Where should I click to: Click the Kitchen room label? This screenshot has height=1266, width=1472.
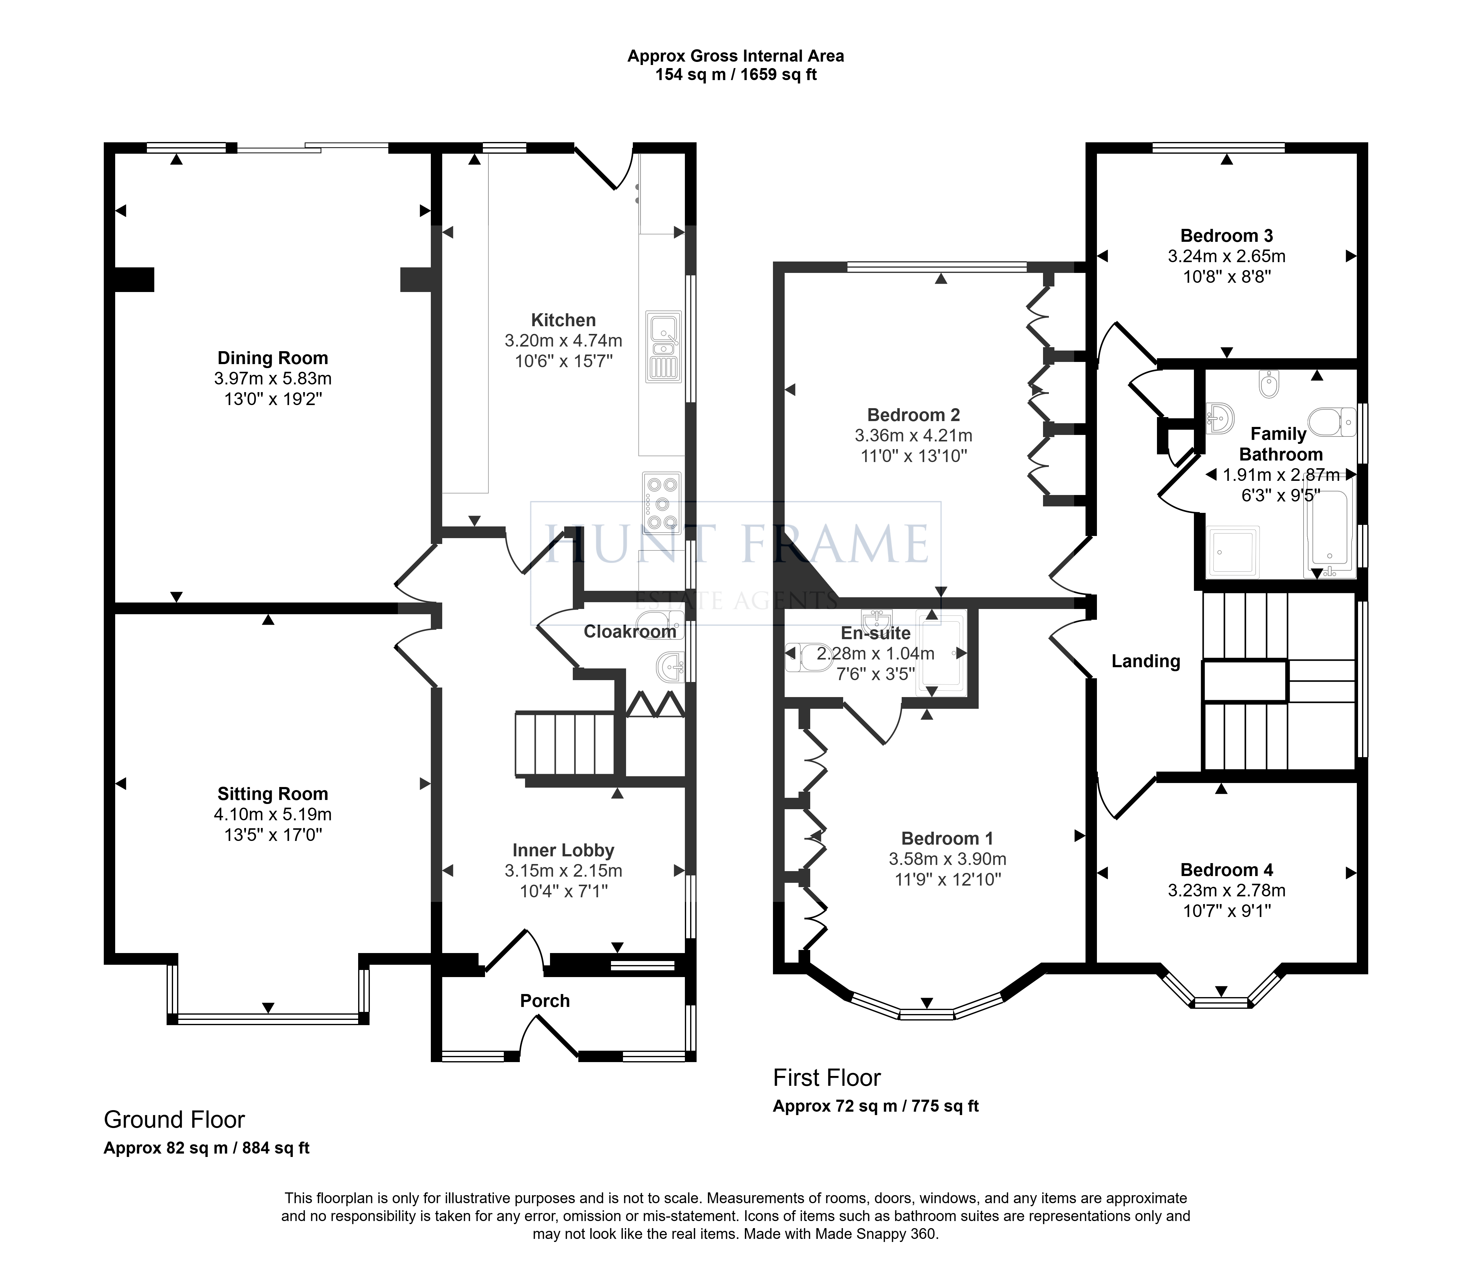click(x=563, y=320)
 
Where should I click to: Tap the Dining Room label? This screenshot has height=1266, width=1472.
click(x=273, y=358)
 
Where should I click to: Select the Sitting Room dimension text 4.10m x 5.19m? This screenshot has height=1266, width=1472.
click(x=273, y=814)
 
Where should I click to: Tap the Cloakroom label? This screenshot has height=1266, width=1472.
click(x=630, y=631)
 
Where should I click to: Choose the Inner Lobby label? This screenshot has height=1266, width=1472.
click(x=563, y=850)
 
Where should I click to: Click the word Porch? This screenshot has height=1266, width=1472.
click(x=545, y=1001)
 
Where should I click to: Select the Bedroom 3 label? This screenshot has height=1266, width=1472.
click(x=1227, y=236)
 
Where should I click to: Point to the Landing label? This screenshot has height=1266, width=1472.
click(x=1146, y=661)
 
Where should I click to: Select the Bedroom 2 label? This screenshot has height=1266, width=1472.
click(x=914, y=415)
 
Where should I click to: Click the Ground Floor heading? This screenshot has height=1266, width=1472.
click(x=174, y=1120)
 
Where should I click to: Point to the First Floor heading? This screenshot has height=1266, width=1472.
click(x=827, y=1078)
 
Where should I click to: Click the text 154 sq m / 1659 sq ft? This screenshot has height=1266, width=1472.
click(x=736, y=75)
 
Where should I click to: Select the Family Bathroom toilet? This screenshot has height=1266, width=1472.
click(x=1331, y=422)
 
